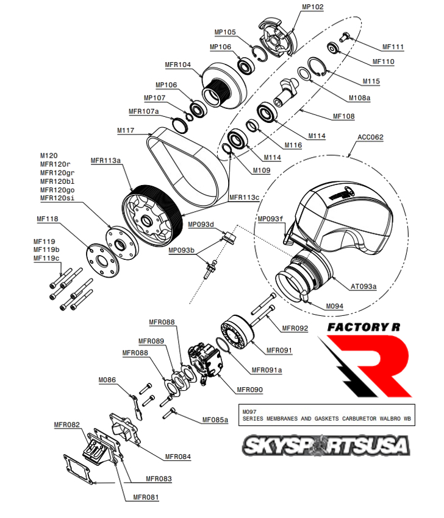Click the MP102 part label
click(313, 7)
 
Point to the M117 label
click(126, 130)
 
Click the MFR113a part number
click(106, 161)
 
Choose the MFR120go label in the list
click(57, 190)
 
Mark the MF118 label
click(48, 219)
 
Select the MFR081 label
click(146, 497)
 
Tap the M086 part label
click(107, 380)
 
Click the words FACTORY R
click(359, 326)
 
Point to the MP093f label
click(271, 219)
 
